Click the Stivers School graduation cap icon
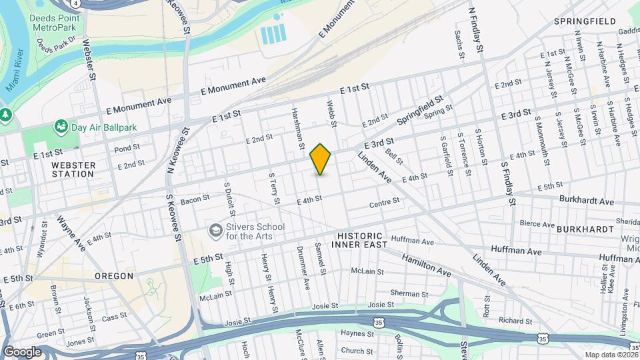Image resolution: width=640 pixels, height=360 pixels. tap(215, 231)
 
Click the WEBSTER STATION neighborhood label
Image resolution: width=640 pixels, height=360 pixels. tap(73, 169)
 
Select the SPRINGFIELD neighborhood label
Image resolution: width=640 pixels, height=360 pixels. tap(585, 21)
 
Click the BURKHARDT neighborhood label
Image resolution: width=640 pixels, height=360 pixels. tap(585, 229)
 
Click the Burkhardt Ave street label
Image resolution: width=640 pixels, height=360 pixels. tap(586, 201)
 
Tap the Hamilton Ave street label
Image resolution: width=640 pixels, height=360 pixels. tap(426, 265)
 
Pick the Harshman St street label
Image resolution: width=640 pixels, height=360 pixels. tap(297, 128)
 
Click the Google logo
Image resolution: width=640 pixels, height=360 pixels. tap(22, 352)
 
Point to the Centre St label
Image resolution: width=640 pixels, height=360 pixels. tap(384, 201)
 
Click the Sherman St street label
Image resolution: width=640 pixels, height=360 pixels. tap(405, 293)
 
